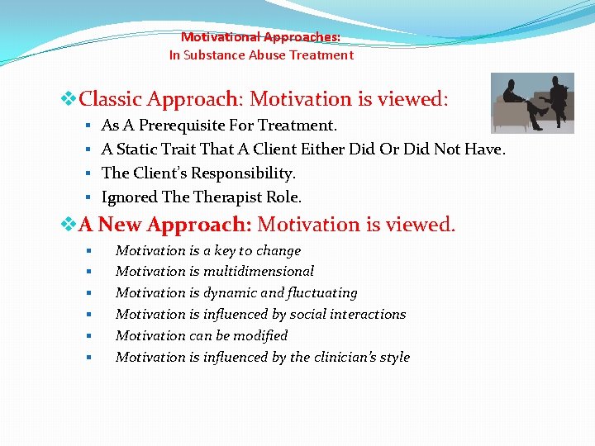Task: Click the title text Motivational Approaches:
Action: pos(260,37)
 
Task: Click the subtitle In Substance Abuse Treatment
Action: pos(260,55)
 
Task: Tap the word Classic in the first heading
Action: pos(112,100)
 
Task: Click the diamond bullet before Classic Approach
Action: pos(69,100)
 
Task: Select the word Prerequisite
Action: pos(183,126)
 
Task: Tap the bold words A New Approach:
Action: pos(165,225)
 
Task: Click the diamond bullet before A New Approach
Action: pos(69,225)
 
